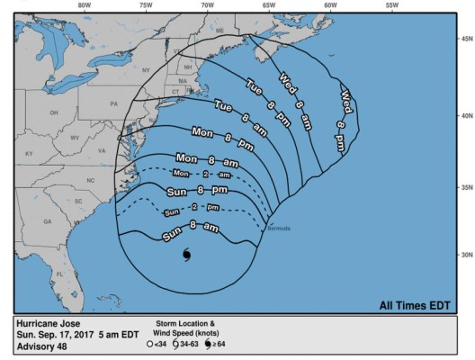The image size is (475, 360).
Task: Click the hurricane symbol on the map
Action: [x=187, y=255]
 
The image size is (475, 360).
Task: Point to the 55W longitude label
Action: [x=391, y=5]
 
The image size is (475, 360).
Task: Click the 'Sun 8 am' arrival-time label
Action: [x=191, y=232]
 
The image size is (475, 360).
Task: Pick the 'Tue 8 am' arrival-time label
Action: [x=237, y=112]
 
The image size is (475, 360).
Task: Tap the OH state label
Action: [x=54, y=113]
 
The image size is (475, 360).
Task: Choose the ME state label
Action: [x=219, y=31]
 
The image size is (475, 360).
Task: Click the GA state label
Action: [x=47, y=221]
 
